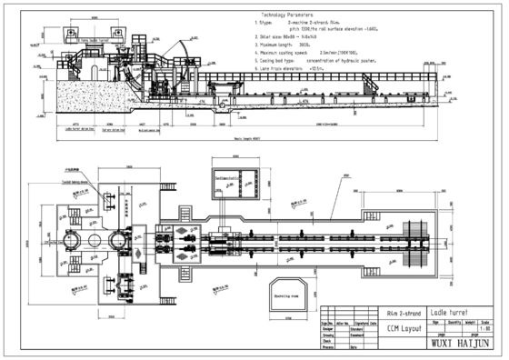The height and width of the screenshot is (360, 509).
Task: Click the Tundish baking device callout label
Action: point(90,181)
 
